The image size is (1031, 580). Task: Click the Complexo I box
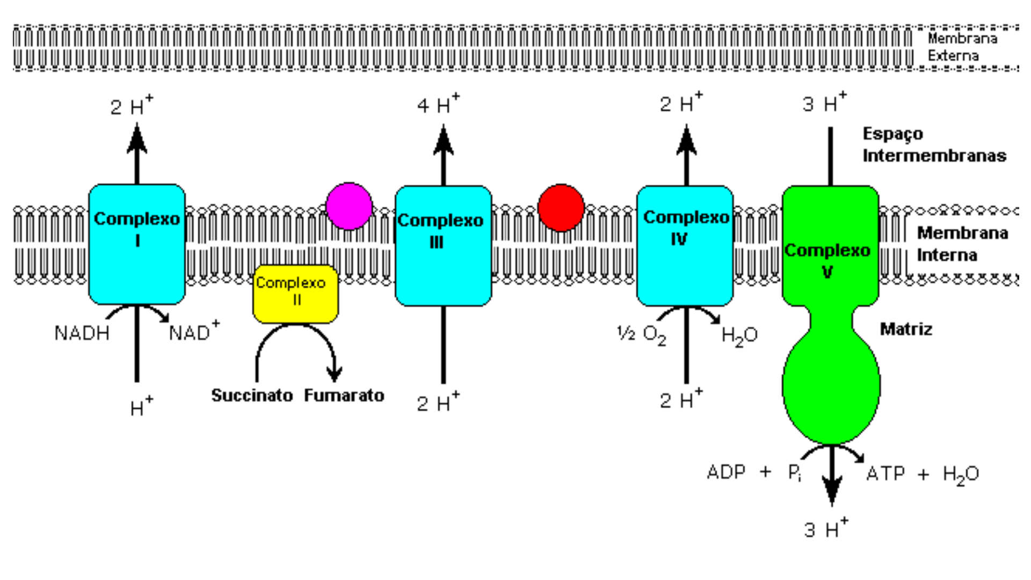pyautogui.click(x=137, y=244)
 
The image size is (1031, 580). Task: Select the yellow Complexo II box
pyautogui.click(x=295, y=293)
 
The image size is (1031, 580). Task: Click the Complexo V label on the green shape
pyautogui.click(x=827, y=260)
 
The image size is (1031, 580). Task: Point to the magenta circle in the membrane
pyautogui.click(x=349, y=206)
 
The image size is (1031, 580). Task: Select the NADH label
pyautogui.click(x=82, y=334)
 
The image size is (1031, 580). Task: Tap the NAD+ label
pyautogui.click(x=194, y=332)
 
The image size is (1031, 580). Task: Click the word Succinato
pyautogui.click(x=252, y=396)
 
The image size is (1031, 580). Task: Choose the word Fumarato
pyautogui.click(x=344, y=396)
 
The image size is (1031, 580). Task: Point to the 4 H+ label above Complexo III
pyautogui.click(x=438, y=104)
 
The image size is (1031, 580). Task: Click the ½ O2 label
pyautogui.click(x=642, y=335)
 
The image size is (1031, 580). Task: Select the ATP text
pyautogui.click(x=885, y=474)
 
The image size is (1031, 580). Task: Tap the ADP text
pyautogui.click(x=726, y=473)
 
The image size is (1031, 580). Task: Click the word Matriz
pyautogui.click(x=906, y=329)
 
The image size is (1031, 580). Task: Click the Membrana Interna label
pyautogui.click(x=961, y=244)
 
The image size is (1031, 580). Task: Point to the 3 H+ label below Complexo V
pyautogui.click(x=826, y=530)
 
